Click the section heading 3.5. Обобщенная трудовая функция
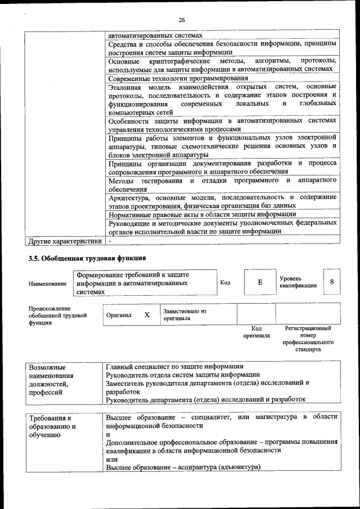87,258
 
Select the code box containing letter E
259,282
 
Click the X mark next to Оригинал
147,315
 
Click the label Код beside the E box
225,282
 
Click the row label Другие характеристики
65,241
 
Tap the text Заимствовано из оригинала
185,314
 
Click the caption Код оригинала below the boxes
256,332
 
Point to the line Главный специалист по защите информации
174,367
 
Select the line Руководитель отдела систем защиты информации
183,375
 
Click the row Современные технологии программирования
178,78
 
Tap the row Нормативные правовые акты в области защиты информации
202,214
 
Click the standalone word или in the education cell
112,459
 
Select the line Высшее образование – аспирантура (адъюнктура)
183,467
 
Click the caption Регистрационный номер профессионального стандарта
308,339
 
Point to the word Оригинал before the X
119,316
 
